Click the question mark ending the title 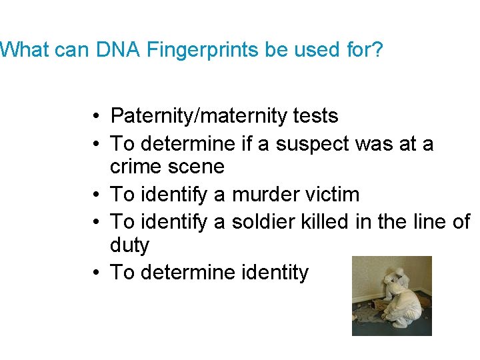[x=377, y=50]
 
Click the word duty [x=129, y=245]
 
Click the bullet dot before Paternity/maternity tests [x=97, y=117]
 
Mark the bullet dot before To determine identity [x=97, y=273]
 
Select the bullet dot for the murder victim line [x=97, y=195]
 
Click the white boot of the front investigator [x=401, y=325]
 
